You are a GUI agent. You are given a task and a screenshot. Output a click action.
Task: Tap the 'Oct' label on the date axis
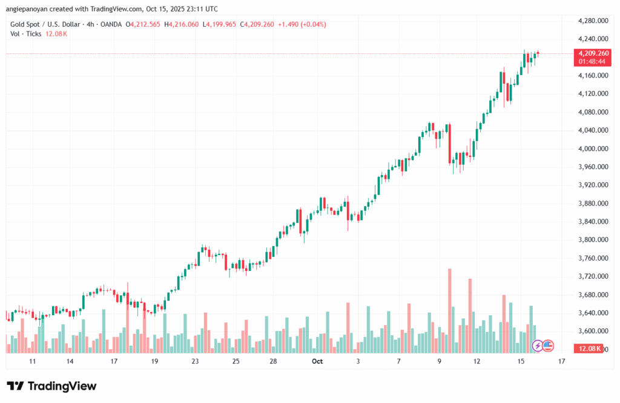(x=317, y=361)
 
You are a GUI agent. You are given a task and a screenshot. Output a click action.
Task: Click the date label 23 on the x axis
(x=195, y=361)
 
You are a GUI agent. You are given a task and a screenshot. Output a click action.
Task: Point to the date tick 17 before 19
(x=113, y=361)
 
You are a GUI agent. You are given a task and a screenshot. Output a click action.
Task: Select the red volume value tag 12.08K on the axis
(x=589, y=348)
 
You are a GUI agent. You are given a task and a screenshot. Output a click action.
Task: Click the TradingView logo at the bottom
(x=51, y=386)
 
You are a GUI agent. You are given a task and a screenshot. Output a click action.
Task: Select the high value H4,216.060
(x=183, y=24)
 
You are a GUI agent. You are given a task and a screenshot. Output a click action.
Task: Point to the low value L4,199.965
(x=220, y=24)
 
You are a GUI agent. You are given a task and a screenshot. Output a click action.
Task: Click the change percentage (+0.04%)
(x=314, y=24)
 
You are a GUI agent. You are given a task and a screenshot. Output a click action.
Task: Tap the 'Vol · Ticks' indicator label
(x=26, y=34)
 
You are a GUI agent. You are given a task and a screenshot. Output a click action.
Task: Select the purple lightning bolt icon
(x=538, y=346)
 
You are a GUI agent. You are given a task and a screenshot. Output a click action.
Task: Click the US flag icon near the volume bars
(x=548, y=346)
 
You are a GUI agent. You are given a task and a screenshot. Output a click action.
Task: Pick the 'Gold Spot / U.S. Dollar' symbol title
(x=45, y=24)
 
